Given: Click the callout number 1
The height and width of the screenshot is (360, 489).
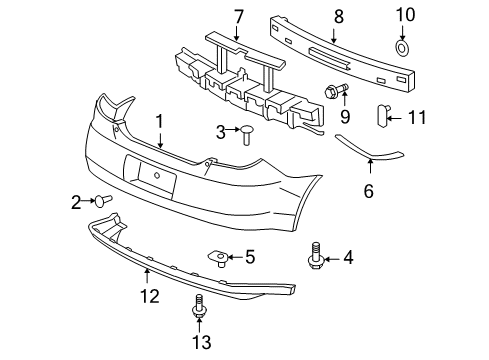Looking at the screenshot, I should (158, 121).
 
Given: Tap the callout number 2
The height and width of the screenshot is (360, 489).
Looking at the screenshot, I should (76, 203).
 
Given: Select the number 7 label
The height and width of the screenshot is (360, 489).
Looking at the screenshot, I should (238, 16).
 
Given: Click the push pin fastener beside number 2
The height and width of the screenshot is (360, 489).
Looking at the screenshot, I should (102, 200).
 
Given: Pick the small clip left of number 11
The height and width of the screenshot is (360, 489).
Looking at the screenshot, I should (384, 117).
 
